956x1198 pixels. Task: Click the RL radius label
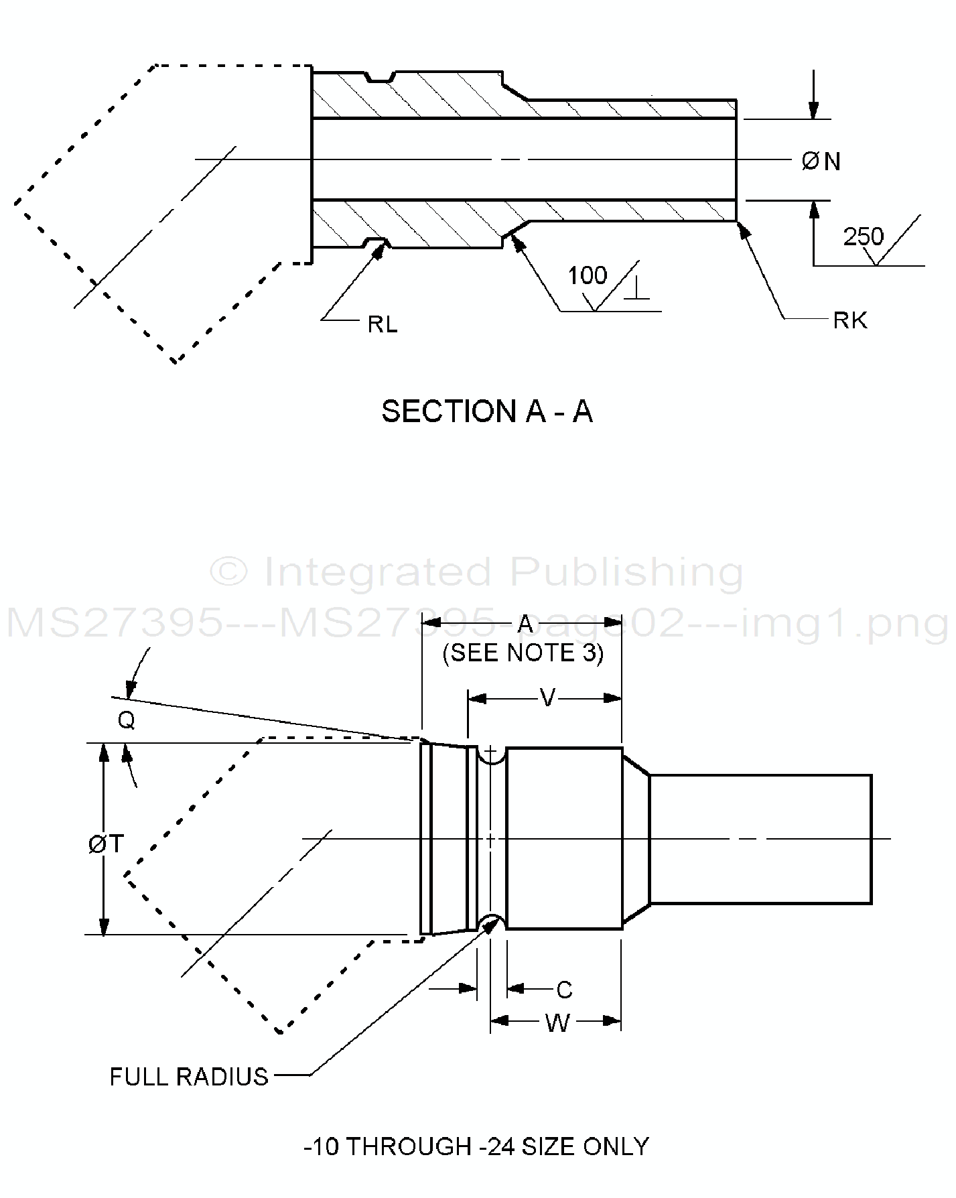click(383, 324)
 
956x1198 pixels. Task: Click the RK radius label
click(850, 321)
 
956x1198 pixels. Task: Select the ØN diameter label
click(821, 161)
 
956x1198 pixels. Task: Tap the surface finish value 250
click(863, 237)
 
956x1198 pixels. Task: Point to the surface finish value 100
click(587, 275)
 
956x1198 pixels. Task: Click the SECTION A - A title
click(487, 411)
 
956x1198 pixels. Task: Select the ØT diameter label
click(106, 844)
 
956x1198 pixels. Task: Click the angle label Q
click(126, 720)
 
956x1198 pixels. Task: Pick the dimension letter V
click(547, 698)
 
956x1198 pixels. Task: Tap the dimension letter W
click(557, 1023)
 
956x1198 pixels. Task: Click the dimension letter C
click(564, 990)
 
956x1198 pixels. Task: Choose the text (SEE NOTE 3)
click(523, 653)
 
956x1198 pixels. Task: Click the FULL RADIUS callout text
click(189, 1077)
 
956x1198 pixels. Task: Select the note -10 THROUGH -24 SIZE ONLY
click(476, 1146)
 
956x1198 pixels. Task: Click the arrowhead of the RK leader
click(742, 228)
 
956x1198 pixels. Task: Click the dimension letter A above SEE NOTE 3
click(525, 624)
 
